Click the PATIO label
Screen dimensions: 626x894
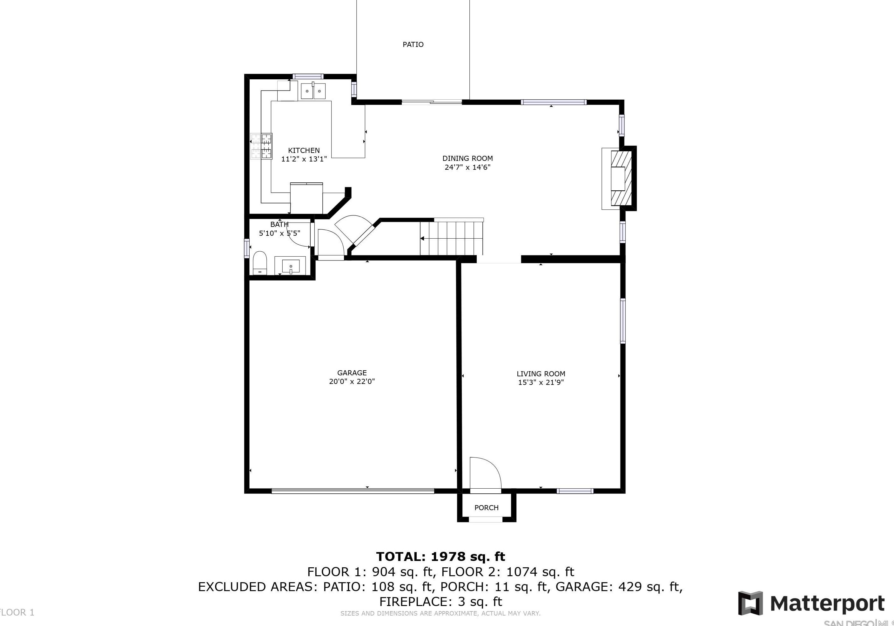pyautogui.click(x=413, y=44)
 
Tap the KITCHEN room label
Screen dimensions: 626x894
pyautogui.click(x=304, y=150)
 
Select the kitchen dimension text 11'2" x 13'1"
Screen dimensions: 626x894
pyautogui.click(x=304, y=159)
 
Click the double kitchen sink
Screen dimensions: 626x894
pyautogui.click(x=313, y=91)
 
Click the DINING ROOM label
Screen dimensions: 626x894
pyautogui.click(x=467, y=158)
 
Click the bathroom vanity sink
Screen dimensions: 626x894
pyautogui.click(x=291, y=266)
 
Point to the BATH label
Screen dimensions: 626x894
pyautogui.click(x=279, y=225)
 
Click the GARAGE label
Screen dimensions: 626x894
pyautogui.click(x=352, y=373)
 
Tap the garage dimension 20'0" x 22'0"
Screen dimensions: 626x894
pyautogui.click(x=352, y=381)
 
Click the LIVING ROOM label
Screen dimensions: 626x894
pyautogui.click(x=541, y=374)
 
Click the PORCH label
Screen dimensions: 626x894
pyautogui.click(x=486, y=508)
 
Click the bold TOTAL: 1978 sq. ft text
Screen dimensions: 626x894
pyautogui.click(x=440, y=557)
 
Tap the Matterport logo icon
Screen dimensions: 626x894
pyautogui.click(x=750, y=603)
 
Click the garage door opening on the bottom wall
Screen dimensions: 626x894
pyautogui.click(x=353, y=491)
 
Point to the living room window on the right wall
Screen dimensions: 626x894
pyautogui.click(x=622, y=321)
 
